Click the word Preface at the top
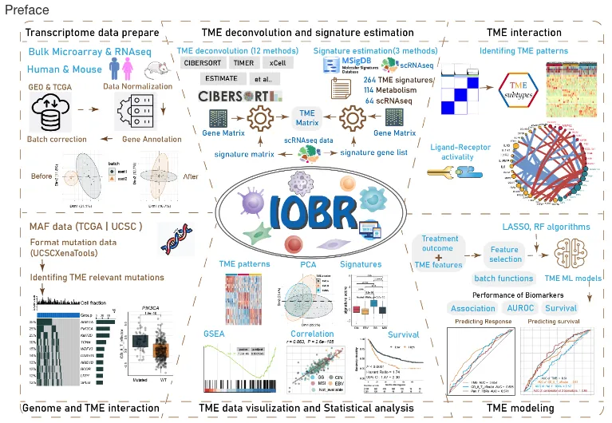(x=26, y=10)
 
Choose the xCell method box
(x=278, y=62)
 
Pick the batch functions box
(x=503, y=278)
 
